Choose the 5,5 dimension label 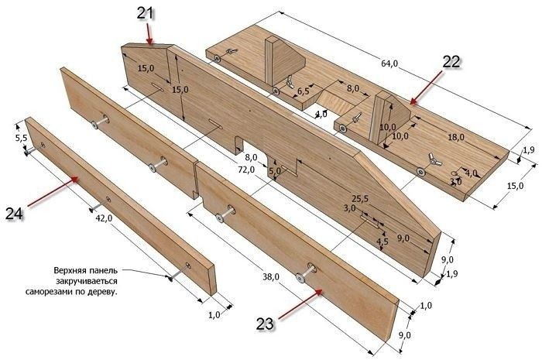pos(21,138)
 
